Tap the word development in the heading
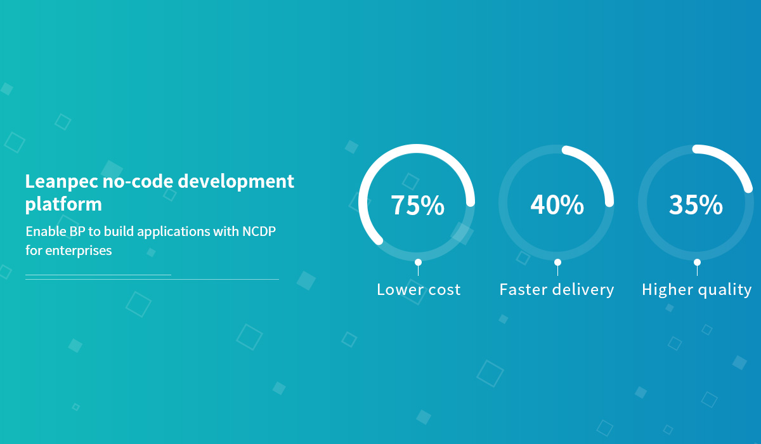pos(236,181)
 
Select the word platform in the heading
pos(63,205)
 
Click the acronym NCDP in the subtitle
pos(259,232)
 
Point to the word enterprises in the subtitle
pos(79,251)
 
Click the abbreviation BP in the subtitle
pos(77,232)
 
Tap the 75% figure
pos(417,205)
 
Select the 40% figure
pos(557,205)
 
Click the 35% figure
pos(696,205)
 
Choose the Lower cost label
pos(419,289)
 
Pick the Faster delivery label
pos(557,290)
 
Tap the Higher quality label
pos(696,290)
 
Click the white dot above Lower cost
pos(418,262)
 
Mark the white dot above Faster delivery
pos(557,262)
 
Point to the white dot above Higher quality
pos(697,262)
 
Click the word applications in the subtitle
pos(174,232)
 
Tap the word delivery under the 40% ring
pos(583,290)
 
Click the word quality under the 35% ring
pos(725,291)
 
